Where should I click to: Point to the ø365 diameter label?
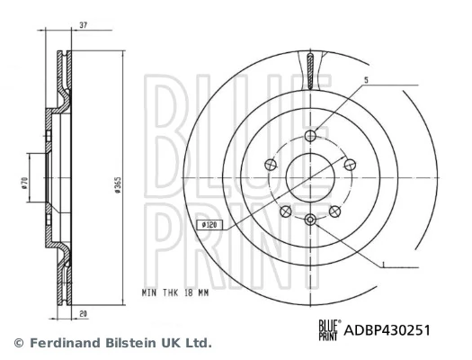[118, 186]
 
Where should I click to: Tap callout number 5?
[366, 81]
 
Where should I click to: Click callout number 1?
[384, 265]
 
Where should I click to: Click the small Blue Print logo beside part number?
[330, 330]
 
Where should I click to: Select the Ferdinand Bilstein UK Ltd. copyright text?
[111, 343]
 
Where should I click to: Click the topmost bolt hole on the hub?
[310, 136]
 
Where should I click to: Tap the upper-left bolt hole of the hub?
[272, 165]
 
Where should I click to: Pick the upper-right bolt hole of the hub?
[349, 165]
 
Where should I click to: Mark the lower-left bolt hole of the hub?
[286, 211]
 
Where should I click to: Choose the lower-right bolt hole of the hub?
[334, 211]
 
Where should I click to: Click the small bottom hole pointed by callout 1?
[310, 220]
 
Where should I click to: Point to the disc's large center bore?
[310, 176]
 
